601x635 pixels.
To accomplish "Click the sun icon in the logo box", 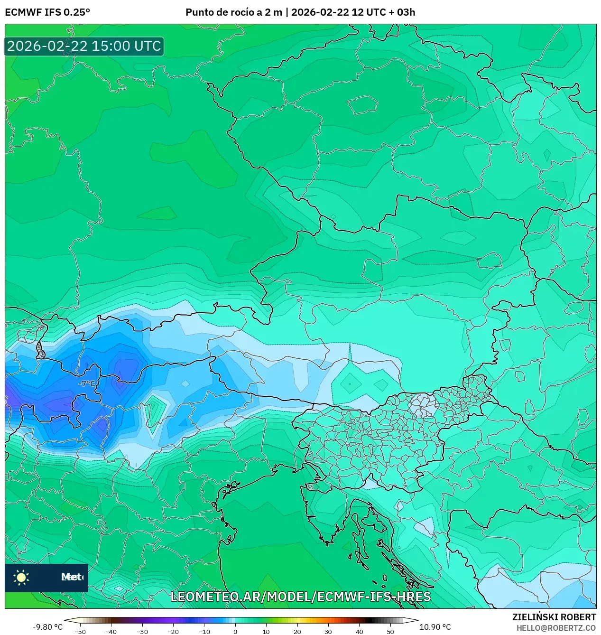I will [x=21, y=577].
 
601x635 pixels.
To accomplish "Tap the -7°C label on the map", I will [x=87, y=383].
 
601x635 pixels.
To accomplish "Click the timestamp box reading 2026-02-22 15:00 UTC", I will [x=84, y=47].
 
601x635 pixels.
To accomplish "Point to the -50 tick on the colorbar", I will [x=80, y=632].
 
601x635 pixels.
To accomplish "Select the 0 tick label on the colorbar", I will [x=235, y=632].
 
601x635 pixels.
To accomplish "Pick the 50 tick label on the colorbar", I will [x=390, y=632].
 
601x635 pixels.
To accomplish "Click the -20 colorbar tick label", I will [x=173, y=632].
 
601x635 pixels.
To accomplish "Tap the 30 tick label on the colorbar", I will [x=328, y=632].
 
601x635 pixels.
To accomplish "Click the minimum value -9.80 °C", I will [x=47, y=627].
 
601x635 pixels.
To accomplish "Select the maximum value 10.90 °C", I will [x=435, y=627].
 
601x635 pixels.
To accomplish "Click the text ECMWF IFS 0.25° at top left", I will [x=47, y=12].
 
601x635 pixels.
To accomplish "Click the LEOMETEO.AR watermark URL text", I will [x=300, y=597].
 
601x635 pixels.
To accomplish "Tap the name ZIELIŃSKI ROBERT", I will [x=554, y=617].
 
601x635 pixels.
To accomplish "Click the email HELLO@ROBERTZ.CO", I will [x=556, y=627].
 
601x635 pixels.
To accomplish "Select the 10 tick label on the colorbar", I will [x=266, y=632].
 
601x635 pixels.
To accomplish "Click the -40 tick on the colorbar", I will [x=111, y=632].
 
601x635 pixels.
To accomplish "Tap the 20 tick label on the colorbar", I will [x=297, y=632].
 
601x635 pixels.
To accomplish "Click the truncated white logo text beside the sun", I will [x=72, y=577].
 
